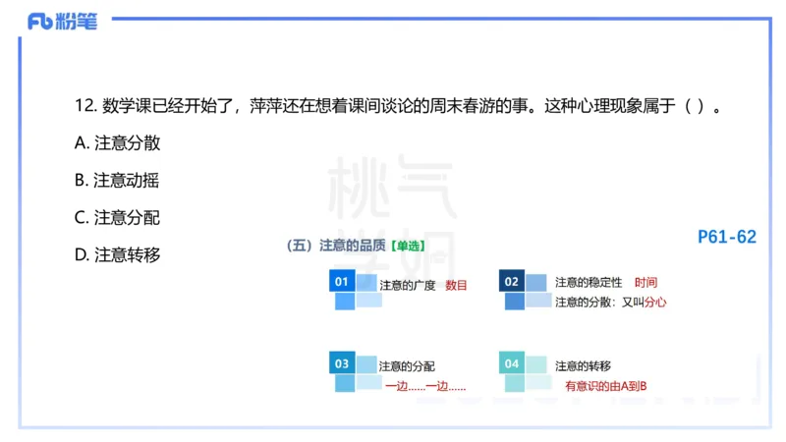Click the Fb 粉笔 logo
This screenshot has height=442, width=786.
tap(62, 22)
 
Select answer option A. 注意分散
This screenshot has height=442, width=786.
tap(117, 143)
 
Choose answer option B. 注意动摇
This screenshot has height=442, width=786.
tap(117, 181)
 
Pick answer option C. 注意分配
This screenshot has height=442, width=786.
tap(117, 218)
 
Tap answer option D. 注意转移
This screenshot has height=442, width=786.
tap(117, 255)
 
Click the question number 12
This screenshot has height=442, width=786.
tap(84, 105)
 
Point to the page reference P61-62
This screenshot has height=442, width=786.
tap(727, 237)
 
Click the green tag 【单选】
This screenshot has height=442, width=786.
tap(409, 247)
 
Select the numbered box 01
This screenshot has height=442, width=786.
tap(342, 282)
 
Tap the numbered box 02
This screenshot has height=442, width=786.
tap(511, 282)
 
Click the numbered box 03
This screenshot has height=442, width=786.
tap(342, 363)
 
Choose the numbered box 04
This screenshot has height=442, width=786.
tap(511, 363)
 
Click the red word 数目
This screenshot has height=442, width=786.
tap(456, 285)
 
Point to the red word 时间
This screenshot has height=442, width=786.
tap(646, 283)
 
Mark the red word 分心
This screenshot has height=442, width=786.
tap(655, 303)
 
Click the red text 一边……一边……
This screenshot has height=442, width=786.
tap(424, 386)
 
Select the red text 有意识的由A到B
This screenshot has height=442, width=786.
tap(611, 386)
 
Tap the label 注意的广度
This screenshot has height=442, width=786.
tap(407, 285)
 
